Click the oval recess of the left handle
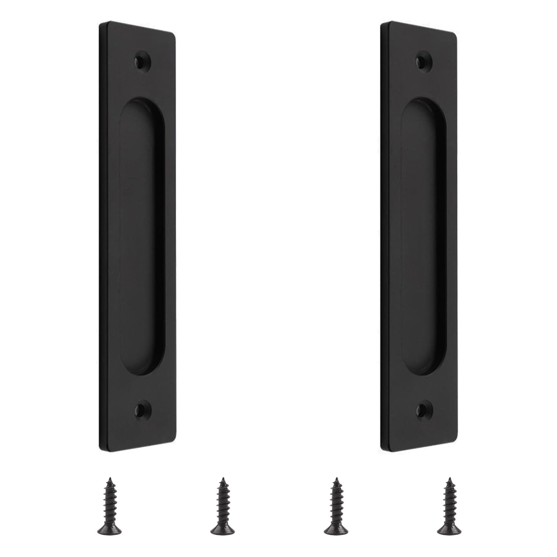coord(142,237)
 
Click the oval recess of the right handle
coord(424,237)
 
